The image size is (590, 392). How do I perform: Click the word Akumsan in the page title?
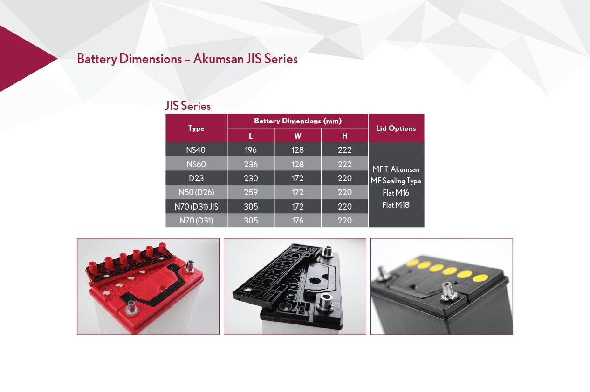click(x=219, y=59)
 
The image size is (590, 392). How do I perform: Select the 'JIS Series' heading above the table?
click(x=188, y=106)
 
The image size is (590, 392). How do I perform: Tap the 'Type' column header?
click(x=196, y=128)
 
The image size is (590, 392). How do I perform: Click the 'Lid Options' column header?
click(x=396, y=128)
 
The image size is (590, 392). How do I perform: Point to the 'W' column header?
click(x=298, y=136)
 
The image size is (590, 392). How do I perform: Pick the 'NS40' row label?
click(x=196, y=150)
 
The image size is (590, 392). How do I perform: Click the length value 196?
click(x=250, y=150)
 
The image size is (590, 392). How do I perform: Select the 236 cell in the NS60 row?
click(x=250, y=164)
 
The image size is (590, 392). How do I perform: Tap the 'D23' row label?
click(x=196, y=178)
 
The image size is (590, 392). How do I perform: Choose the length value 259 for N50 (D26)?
click(x=250, y=192)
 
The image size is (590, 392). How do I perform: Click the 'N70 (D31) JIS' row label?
click(x=196, y=207)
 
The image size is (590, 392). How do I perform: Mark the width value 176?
click(x=298, y=221)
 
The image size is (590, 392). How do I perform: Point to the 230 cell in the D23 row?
click(x=250, y=178)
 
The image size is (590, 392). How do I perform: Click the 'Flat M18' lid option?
click(x=396, y=205)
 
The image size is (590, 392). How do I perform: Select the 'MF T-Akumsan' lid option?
click(x=396, y=169)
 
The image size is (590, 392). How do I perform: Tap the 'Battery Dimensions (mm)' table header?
click(x=298, y=121)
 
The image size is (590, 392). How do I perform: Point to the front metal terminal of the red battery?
click(x=131, y=307)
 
